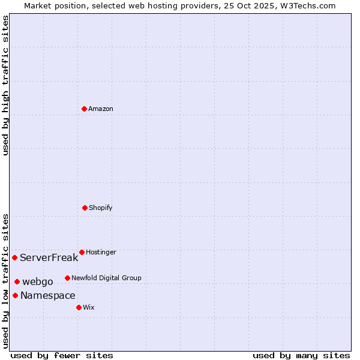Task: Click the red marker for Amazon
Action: [84, 109]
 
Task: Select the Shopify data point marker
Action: [85, 208]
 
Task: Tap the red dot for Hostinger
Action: [82, 252]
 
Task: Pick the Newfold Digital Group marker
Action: [67, 278]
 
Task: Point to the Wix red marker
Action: [79, 307]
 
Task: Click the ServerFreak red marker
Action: [14, 257]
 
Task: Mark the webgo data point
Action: [17, 281]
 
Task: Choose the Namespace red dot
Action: [15, 295]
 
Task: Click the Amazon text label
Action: [101, 109]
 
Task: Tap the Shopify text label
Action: [101, 208]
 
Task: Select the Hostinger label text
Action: [101, 252]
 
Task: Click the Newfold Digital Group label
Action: [106, 278]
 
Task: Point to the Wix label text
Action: [89, 307]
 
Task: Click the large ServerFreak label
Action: [49, 258]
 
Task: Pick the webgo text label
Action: [38, 282]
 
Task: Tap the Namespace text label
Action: [47, 296]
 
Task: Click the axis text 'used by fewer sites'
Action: [62, 355]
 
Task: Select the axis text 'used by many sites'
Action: [301, 355]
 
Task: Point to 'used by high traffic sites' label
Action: [5, 85]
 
